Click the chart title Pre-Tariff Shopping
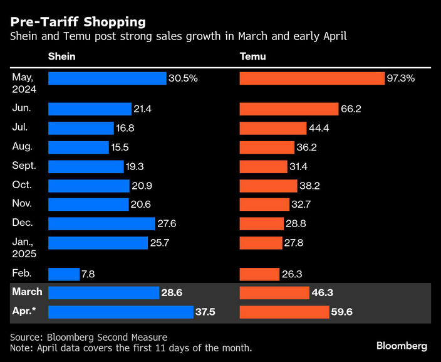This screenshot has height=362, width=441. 78,22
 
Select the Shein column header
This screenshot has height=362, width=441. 61,56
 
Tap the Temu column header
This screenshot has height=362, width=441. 253,56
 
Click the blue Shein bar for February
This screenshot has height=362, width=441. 63,274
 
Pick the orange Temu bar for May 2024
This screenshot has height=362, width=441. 312,78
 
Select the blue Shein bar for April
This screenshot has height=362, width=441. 121,312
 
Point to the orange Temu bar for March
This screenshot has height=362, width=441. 273,293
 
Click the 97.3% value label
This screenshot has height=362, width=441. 402,78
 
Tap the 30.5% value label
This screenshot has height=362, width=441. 183,78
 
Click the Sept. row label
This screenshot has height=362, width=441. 24,166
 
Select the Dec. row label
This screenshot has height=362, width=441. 22,223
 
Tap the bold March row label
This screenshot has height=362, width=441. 27,292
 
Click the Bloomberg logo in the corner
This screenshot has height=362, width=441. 402,346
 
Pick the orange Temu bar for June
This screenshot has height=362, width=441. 289,109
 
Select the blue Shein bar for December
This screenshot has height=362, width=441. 101,224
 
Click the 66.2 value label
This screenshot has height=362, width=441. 351,109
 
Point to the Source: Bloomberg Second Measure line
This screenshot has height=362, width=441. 88,337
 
